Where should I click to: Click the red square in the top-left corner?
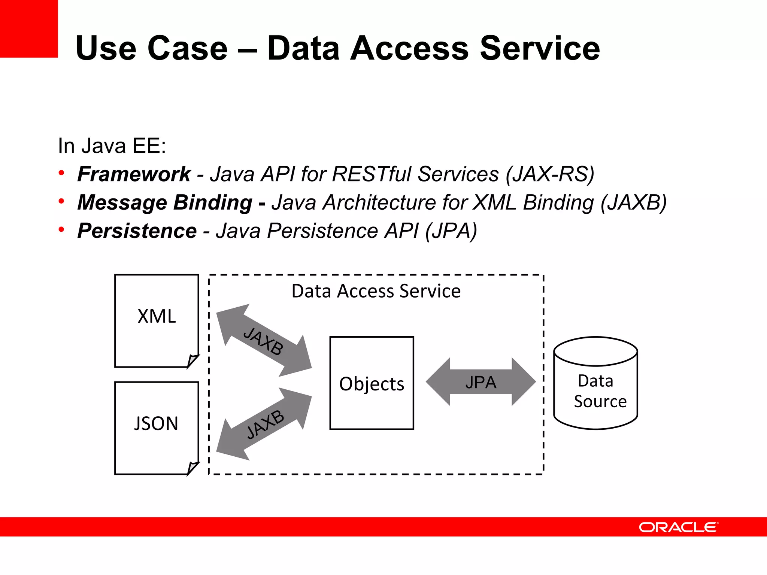pos(28,28)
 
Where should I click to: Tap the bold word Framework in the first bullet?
pos(134,174)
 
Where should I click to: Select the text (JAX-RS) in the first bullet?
pos(550,174)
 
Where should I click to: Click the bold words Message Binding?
pos(165,203)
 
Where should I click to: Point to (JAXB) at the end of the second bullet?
pos(633,203)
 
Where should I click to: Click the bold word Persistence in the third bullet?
pos(137,231)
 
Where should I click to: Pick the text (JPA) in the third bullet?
pos(451,231)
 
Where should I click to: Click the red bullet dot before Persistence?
pos(61,229)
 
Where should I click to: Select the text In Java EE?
pos(112,146)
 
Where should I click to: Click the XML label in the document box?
pos(157,316)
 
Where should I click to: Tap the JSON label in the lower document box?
pos(156,423)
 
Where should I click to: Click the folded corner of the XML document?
pos(192,361)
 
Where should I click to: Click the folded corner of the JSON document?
pos(192,468)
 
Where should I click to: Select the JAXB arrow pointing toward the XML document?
pos(264,341)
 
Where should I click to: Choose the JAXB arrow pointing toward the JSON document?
pos(264,424)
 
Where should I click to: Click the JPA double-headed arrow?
pos(481,382)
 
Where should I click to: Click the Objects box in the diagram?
pos(372,383)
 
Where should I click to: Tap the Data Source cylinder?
pos(595,389)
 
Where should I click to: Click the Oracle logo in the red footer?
pos(678,527)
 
